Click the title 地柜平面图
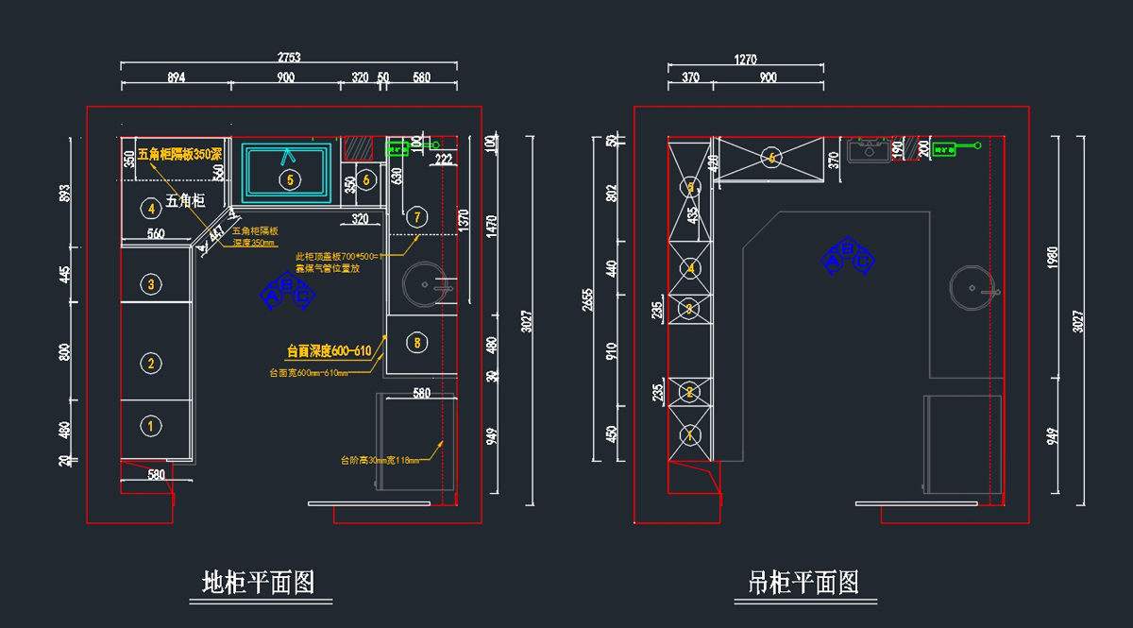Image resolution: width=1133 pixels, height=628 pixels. pos(258,583)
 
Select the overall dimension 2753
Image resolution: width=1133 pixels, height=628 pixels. pos(288,57)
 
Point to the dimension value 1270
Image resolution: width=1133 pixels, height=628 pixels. pos(745,59)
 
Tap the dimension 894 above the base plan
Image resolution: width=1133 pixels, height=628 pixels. pos(176,77)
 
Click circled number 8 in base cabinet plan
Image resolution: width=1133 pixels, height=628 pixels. pos(417,342)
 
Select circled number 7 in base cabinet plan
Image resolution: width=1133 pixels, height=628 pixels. pos(417,216)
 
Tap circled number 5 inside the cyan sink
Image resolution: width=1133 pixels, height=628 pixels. pos(289,178)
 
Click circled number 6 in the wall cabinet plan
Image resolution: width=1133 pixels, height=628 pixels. pos(772,159)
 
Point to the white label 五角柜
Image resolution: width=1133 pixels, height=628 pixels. pos(185,200)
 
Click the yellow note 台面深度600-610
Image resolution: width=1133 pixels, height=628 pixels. pos(330,351)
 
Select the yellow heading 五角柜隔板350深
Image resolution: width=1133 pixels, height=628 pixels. pos(179,154)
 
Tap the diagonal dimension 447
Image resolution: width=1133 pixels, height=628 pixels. pos(217,231)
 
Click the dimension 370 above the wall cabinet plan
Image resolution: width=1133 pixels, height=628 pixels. pos(690,77)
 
